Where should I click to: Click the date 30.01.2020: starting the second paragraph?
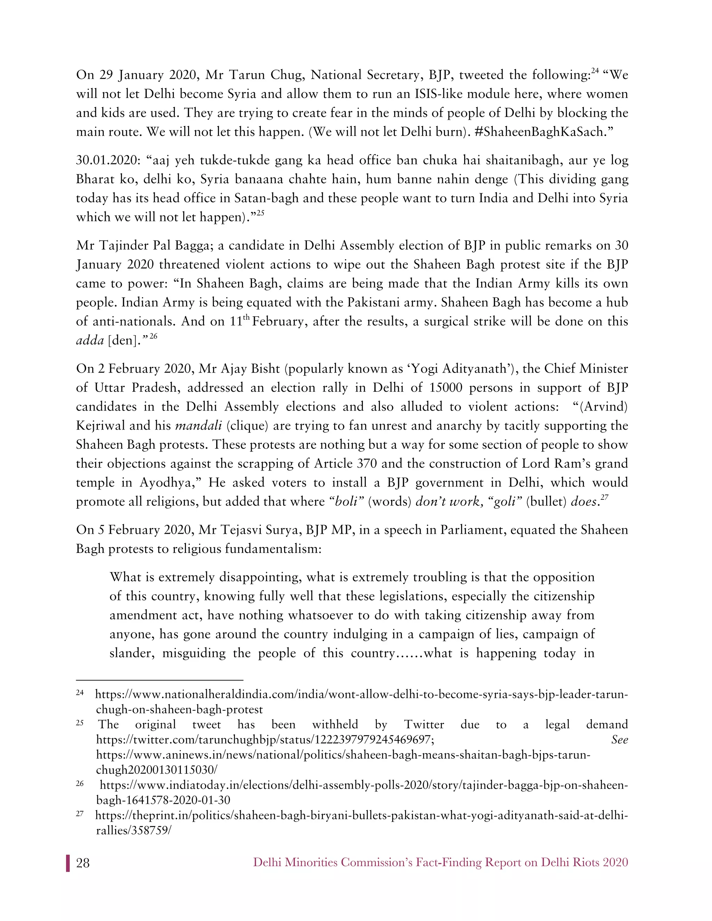pyautogui.click(x=107, y=161)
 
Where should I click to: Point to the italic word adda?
pyautogui.click(x=90, y=340)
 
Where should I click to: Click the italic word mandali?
pyautogui.click(x=198, y=425)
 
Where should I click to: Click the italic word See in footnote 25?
pyautogui.click(x=619, y=740)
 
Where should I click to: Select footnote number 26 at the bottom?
pyautogui.click(x=80, y=783)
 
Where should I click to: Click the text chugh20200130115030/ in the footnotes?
pyautogui.click(x=156, y=770)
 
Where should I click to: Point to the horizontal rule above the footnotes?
pyautogui.click(x=160, y=680)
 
